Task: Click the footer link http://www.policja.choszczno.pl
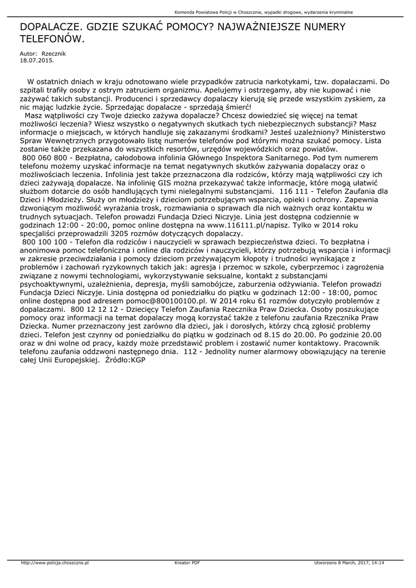[x=55, y=563]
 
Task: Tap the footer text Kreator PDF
[x=187, y=563]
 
